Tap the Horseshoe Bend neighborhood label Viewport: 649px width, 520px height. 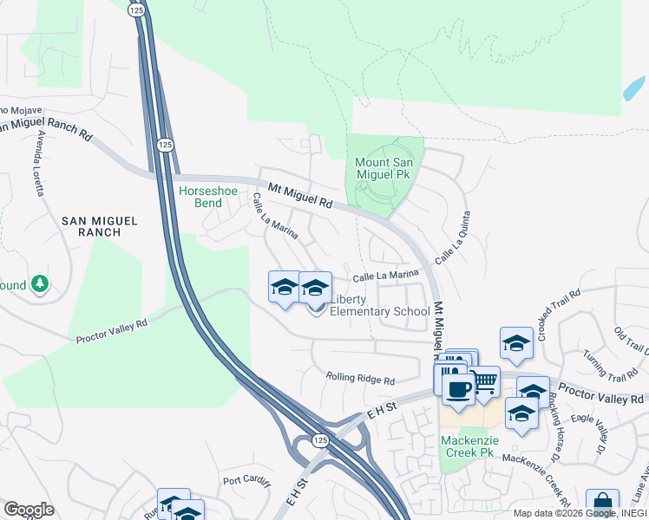(x=200, y=197)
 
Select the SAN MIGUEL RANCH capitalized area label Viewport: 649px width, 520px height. (x=100, y=226)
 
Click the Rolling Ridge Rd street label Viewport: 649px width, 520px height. (x=360, y=379)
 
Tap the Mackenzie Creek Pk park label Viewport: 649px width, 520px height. (x=467, y=445)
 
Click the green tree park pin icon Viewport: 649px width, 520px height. (x=39, y=283)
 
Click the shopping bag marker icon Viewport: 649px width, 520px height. (x=601, y=504)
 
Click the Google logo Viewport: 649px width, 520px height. (x=29, y=510)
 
